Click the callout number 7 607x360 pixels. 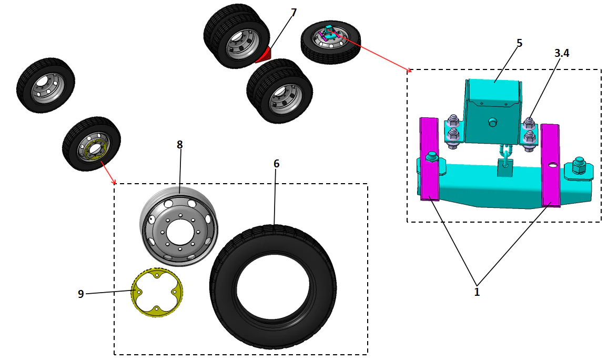[294, 12]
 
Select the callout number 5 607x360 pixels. [519, 43]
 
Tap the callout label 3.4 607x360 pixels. [562, 53]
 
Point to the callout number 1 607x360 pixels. [477, 292]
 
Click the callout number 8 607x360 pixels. [179, 144]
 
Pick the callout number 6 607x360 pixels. [276, 164]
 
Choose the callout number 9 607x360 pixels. [80, 294]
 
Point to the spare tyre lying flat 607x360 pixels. [330, 41]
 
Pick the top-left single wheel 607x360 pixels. [46, 85]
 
